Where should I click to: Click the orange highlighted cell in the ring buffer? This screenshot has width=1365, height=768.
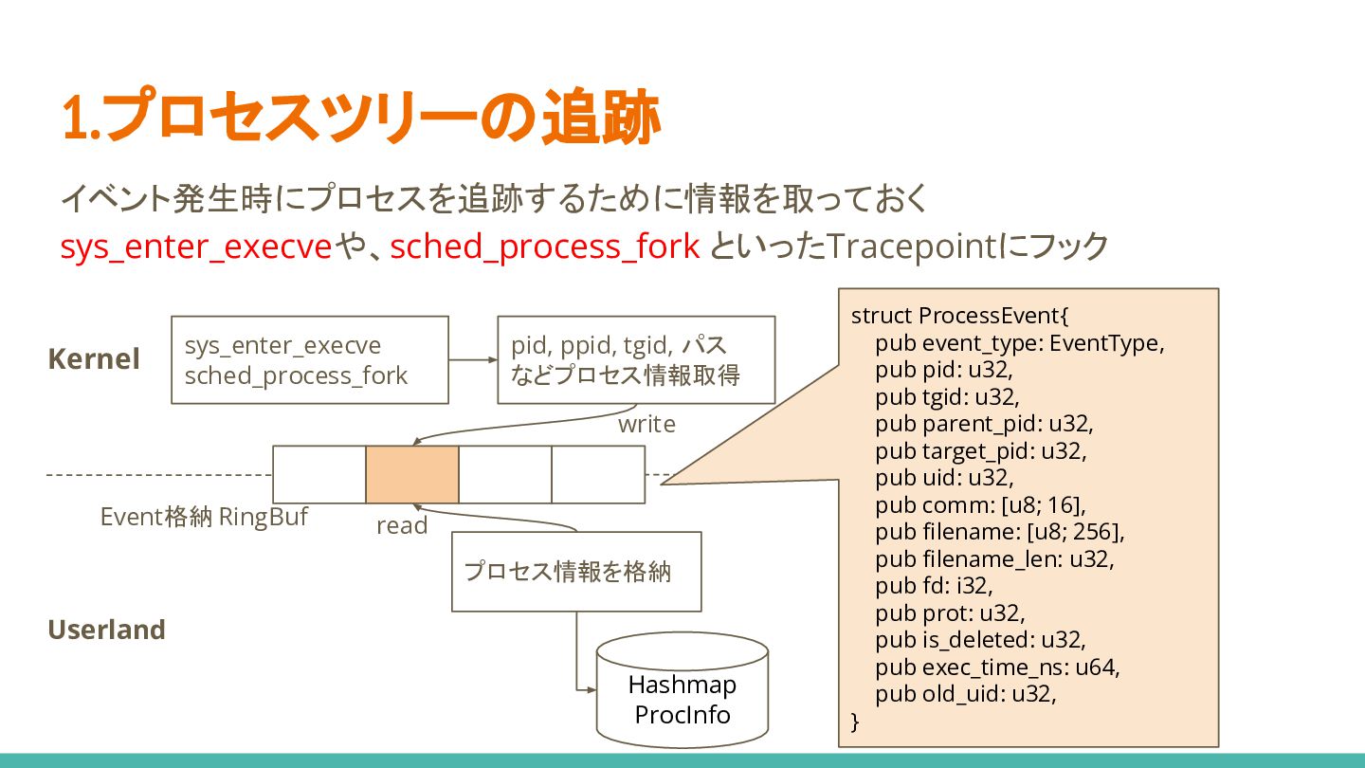click(x=412, y=474)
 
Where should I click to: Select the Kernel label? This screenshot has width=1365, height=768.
click(x=94, y=358)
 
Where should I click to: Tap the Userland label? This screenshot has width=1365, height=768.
click(x=106, y=629)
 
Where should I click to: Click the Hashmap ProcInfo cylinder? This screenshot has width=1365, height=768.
click(x=682, y=690)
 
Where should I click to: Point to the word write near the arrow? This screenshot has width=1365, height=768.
click(x=646, y=424)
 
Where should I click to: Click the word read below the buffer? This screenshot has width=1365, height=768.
click(x=402, y=525)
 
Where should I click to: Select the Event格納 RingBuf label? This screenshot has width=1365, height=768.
click(x=204, y=517)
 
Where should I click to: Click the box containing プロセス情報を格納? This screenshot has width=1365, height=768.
click(x=576, y=572)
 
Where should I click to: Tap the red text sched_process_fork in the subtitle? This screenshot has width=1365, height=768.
click(x=545, y=247)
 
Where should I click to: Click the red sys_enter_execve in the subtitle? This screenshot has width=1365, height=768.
click(x=196, y=247)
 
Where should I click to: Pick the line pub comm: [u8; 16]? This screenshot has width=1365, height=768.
click(x=980, y=504)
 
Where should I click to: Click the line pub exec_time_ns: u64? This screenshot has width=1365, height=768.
click(x=997, y=667)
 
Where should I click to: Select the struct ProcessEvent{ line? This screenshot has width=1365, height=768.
click(x=959, y=315)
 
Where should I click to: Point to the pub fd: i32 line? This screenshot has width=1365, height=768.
click(x=934, y=586)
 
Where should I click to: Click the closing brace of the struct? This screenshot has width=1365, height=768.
click(x=855, y=722)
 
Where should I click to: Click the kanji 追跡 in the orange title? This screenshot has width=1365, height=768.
click(x=601, y=117)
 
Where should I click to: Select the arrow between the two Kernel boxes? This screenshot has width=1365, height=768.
click(x=473, y=359)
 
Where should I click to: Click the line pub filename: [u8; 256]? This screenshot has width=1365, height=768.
click(x=999, y=532)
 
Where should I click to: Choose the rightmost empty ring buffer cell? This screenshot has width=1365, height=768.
click(x=598, y=474)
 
